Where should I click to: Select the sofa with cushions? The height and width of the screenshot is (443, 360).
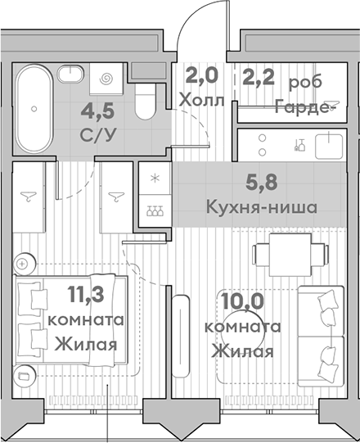click(322, 333)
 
